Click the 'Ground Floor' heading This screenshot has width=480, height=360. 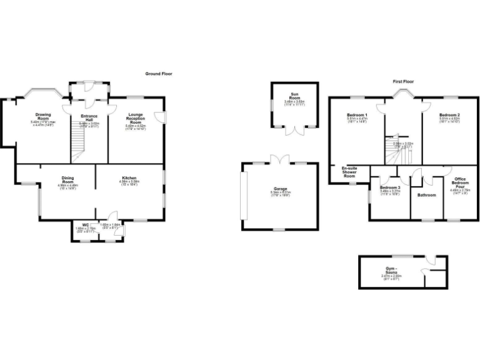[x=158, y=74]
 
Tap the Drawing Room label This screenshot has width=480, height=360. [x=43, y=115]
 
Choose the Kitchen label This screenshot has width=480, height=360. [x=130, y=178]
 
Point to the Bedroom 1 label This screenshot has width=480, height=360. [x=357, y=116]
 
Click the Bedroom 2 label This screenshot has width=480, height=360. [x=449, y=116]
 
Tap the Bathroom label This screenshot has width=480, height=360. [x=427, y=195]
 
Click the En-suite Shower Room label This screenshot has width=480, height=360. [x=349, y=172]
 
